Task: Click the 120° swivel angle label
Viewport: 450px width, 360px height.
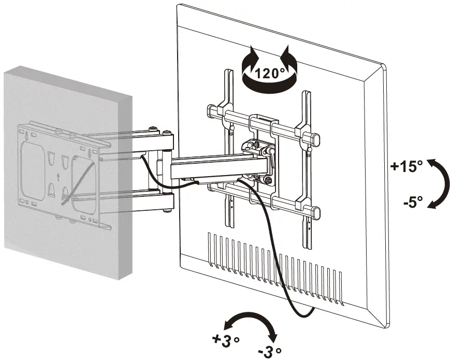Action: [x=270, y=73]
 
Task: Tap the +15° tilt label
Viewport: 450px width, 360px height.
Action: [x=407, y=166]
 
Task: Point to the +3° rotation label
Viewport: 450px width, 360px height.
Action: [x=226, y=340]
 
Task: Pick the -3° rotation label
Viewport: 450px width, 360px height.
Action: [x=270, y=351]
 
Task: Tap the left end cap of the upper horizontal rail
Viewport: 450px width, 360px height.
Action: [x=212, y=110]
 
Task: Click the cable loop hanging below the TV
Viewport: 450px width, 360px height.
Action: [x=300, y=311]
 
